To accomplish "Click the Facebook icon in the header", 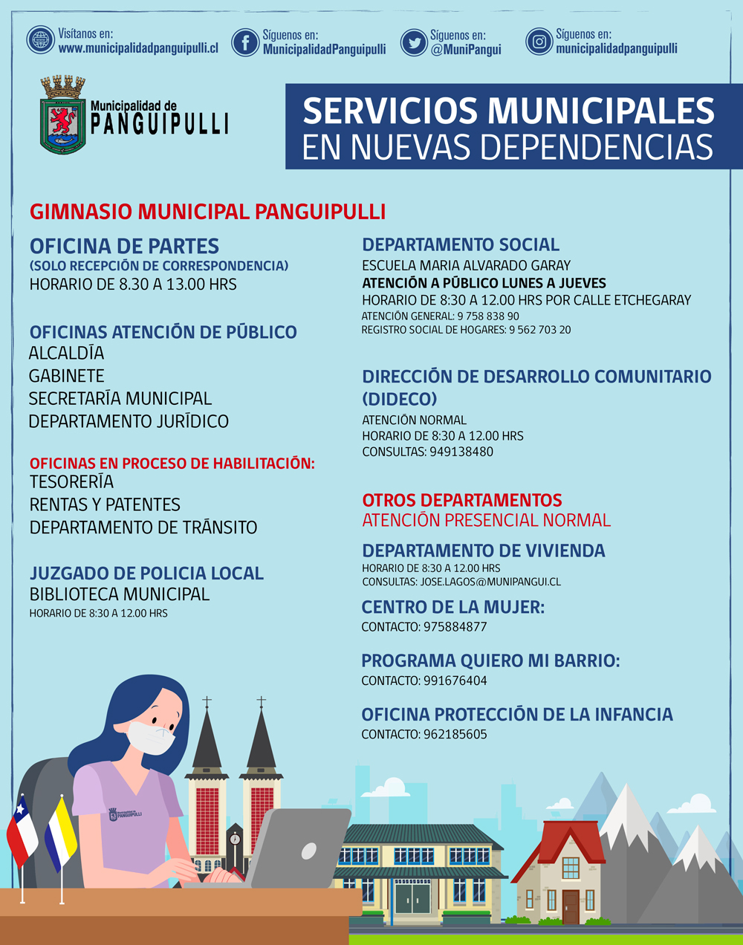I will coord(245,42).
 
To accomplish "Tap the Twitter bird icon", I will coord(413,42).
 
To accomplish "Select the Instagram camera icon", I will coord(539,42).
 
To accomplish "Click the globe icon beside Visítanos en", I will coord(41,40).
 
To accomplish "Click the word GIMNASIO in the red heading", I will coord(82,212).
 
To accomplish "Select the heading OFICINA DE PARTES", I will coord(124,246).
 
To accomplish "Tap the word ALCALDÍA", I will coord(66,353).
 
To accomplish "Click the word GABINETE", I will coord(66,376).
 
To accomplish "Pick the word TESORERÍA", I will coord(71,482).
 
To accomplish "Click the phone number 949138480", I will coord(461,452).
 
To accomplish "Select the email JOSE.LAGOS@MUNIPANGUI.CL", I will coord(490,582).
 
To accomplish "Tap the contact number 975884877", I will coord(455,627).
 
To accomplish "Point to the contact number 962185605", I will coord(455,735).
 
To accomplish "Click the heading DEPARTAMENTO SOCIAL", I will coord(461,244).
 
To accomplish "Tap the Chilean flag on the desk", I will coord(22,832).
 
